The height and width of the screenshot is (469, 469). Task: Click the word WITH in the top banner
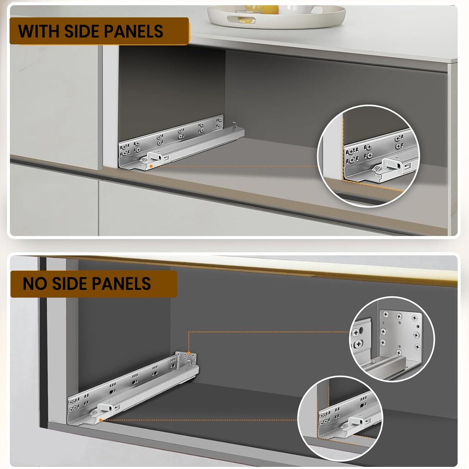[x=38, y=31]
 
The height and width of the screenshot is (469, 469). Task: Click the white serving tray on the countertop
[x=276, y=16]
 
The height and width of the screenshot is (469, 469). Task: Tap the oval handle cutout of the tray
[x=242, y=19]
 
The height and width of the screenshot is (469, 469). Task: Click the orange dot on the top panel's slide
[x=151, y=166]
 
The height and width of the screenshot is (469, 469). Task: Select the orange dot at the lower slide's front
[x=100, y=420]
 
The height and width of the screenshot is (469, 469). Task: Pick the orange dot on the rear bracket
[x=188, y=353]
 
